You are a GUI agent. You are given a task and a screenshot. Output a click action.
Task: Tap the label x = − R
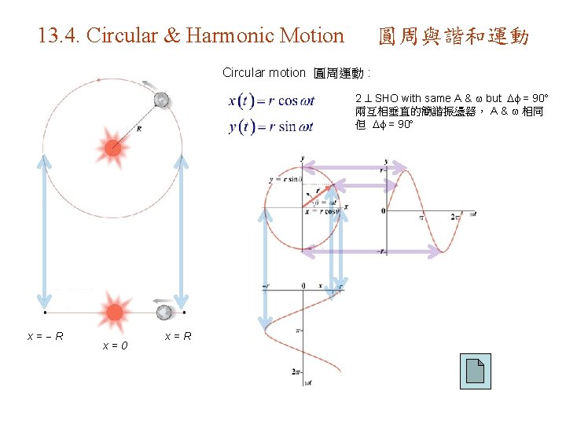coord(46,337)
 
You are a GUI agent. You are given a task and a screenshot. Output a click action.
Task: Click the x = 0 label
coord(116,345)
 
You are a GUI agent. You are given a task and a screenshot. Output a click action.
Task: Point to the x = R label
coord(178,337)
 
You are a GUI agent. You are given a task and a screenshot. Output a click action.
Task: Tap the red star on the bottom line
coord(115,311)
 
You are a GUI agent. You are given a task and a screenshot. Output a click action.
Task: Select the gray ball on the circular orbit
coord(162,100)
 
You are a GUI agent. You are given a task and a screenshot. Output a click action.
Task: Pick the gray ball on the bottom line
coord(164,313)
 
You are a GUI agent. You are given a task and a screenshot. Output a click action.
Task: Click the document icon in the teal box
coord(475,371)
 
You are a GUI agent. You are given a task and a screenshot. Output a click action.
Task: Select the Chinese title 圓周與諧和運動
coord(454,36)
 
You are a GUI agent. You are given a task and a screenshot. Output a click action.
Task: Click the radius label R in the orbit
coord(139,129)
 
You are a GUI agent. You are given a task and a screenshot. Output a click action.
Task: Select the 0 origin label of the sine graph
coord(383,211)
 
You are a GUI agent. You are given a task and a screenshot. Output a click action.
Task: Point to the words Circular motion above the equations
coord(263,73)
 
